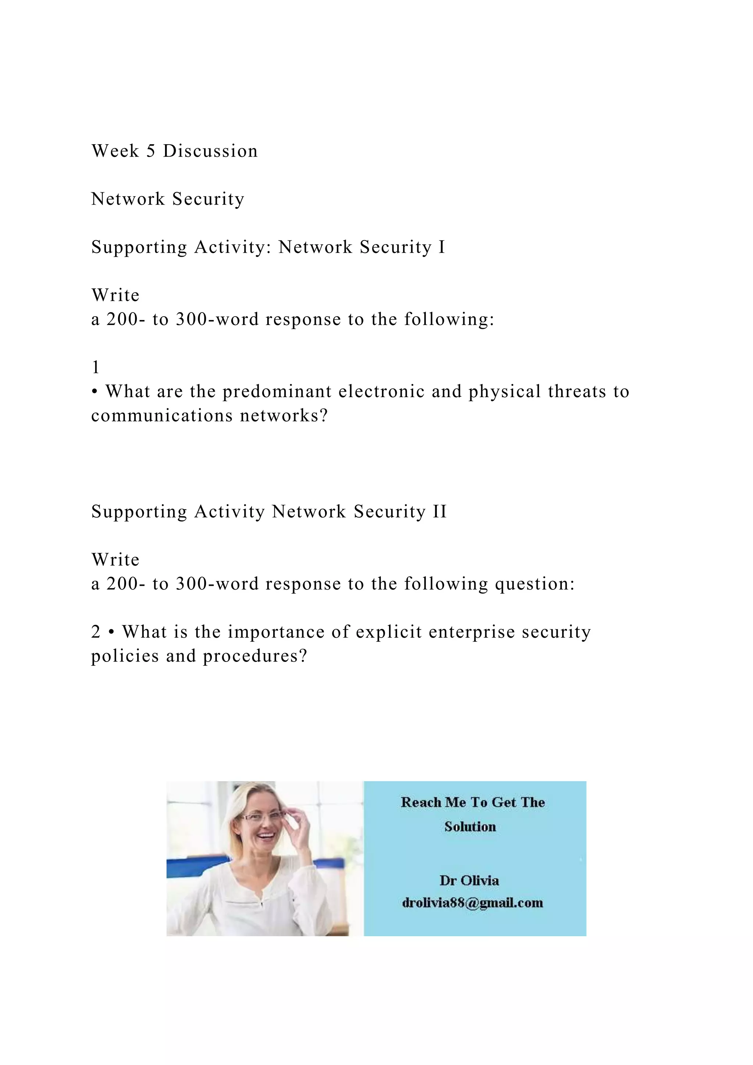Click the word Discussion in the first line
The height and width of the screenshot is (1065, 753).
click(210, 151)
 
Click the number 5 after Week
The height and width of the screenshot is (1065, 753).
click(151, 151)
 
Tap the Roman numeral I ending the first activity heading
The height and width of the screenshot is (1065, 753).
click(442, 247)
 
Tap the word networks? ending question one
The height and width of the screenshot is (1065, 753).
click(284, 416)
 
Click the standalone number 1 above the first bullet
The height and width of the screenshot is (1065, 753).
click(96, 368)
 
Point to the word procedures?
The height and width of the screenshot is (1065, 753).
click(255, 656)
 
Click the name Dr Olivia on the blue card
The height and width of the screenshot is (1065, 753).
click(469, 880)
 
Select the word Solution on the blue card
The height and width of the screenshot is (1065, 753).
click(470, 827)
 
